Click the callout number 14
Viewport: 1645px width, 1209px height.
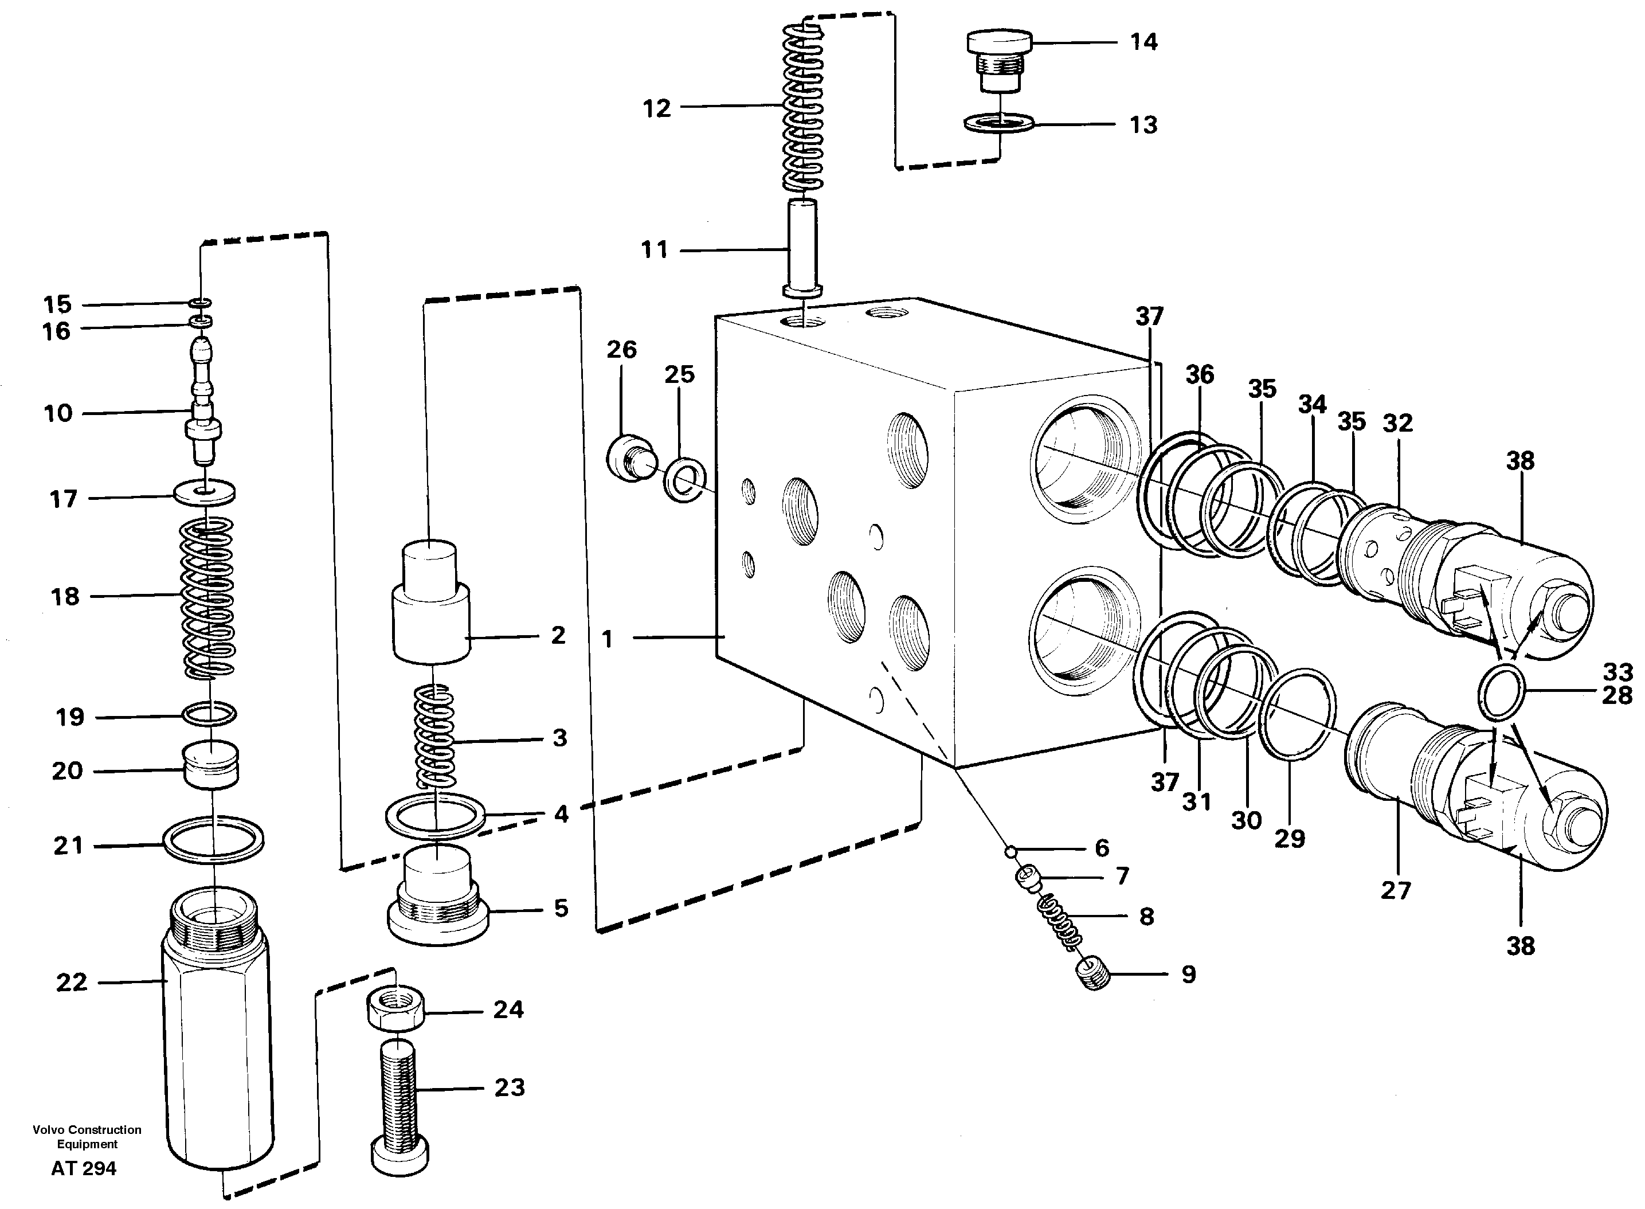click(1143, 42)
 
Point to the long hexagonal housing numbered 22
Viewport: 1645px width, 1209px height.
click(217, 1039)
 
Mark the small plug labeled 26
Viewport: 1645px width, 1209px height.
click(631, 459)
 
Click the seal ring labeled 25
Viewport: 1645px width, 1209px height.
click(684, 480)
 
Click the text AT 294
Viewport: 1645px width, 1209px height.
click(84, 1169)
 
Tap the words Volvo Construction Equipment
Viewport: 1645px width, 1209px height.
click(87, 1137)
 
